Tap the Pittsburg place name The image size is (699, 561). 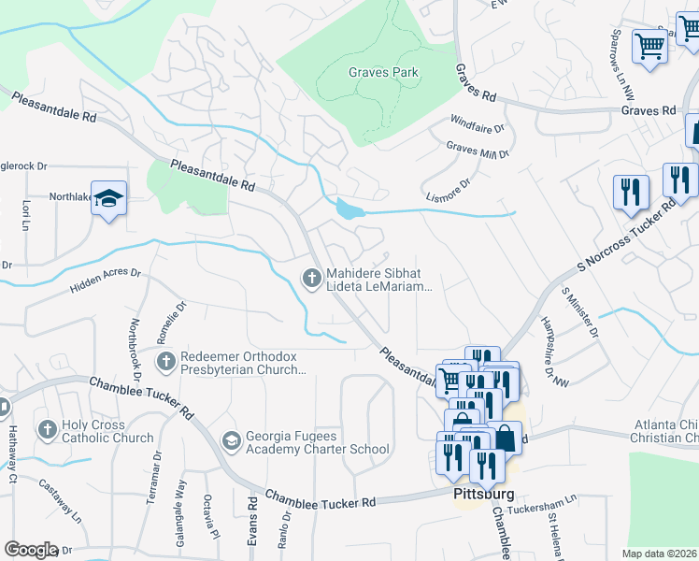pos(478,493)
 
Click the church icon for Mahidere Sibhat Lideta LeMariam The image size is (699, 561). pos(310,276)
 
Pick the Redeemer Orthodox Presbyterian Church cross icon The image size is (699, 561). pos(165,360)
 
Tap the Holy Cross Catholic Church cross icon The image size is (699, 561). pos(47,430)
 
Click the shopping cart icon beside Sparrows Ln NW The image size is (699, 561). pos(650,44)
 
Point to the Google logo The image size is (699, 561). pos(30,550)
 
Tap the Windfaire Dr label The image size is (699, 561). pos(477,122)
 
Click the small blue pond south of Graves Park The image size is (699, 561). pos(348,209)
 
